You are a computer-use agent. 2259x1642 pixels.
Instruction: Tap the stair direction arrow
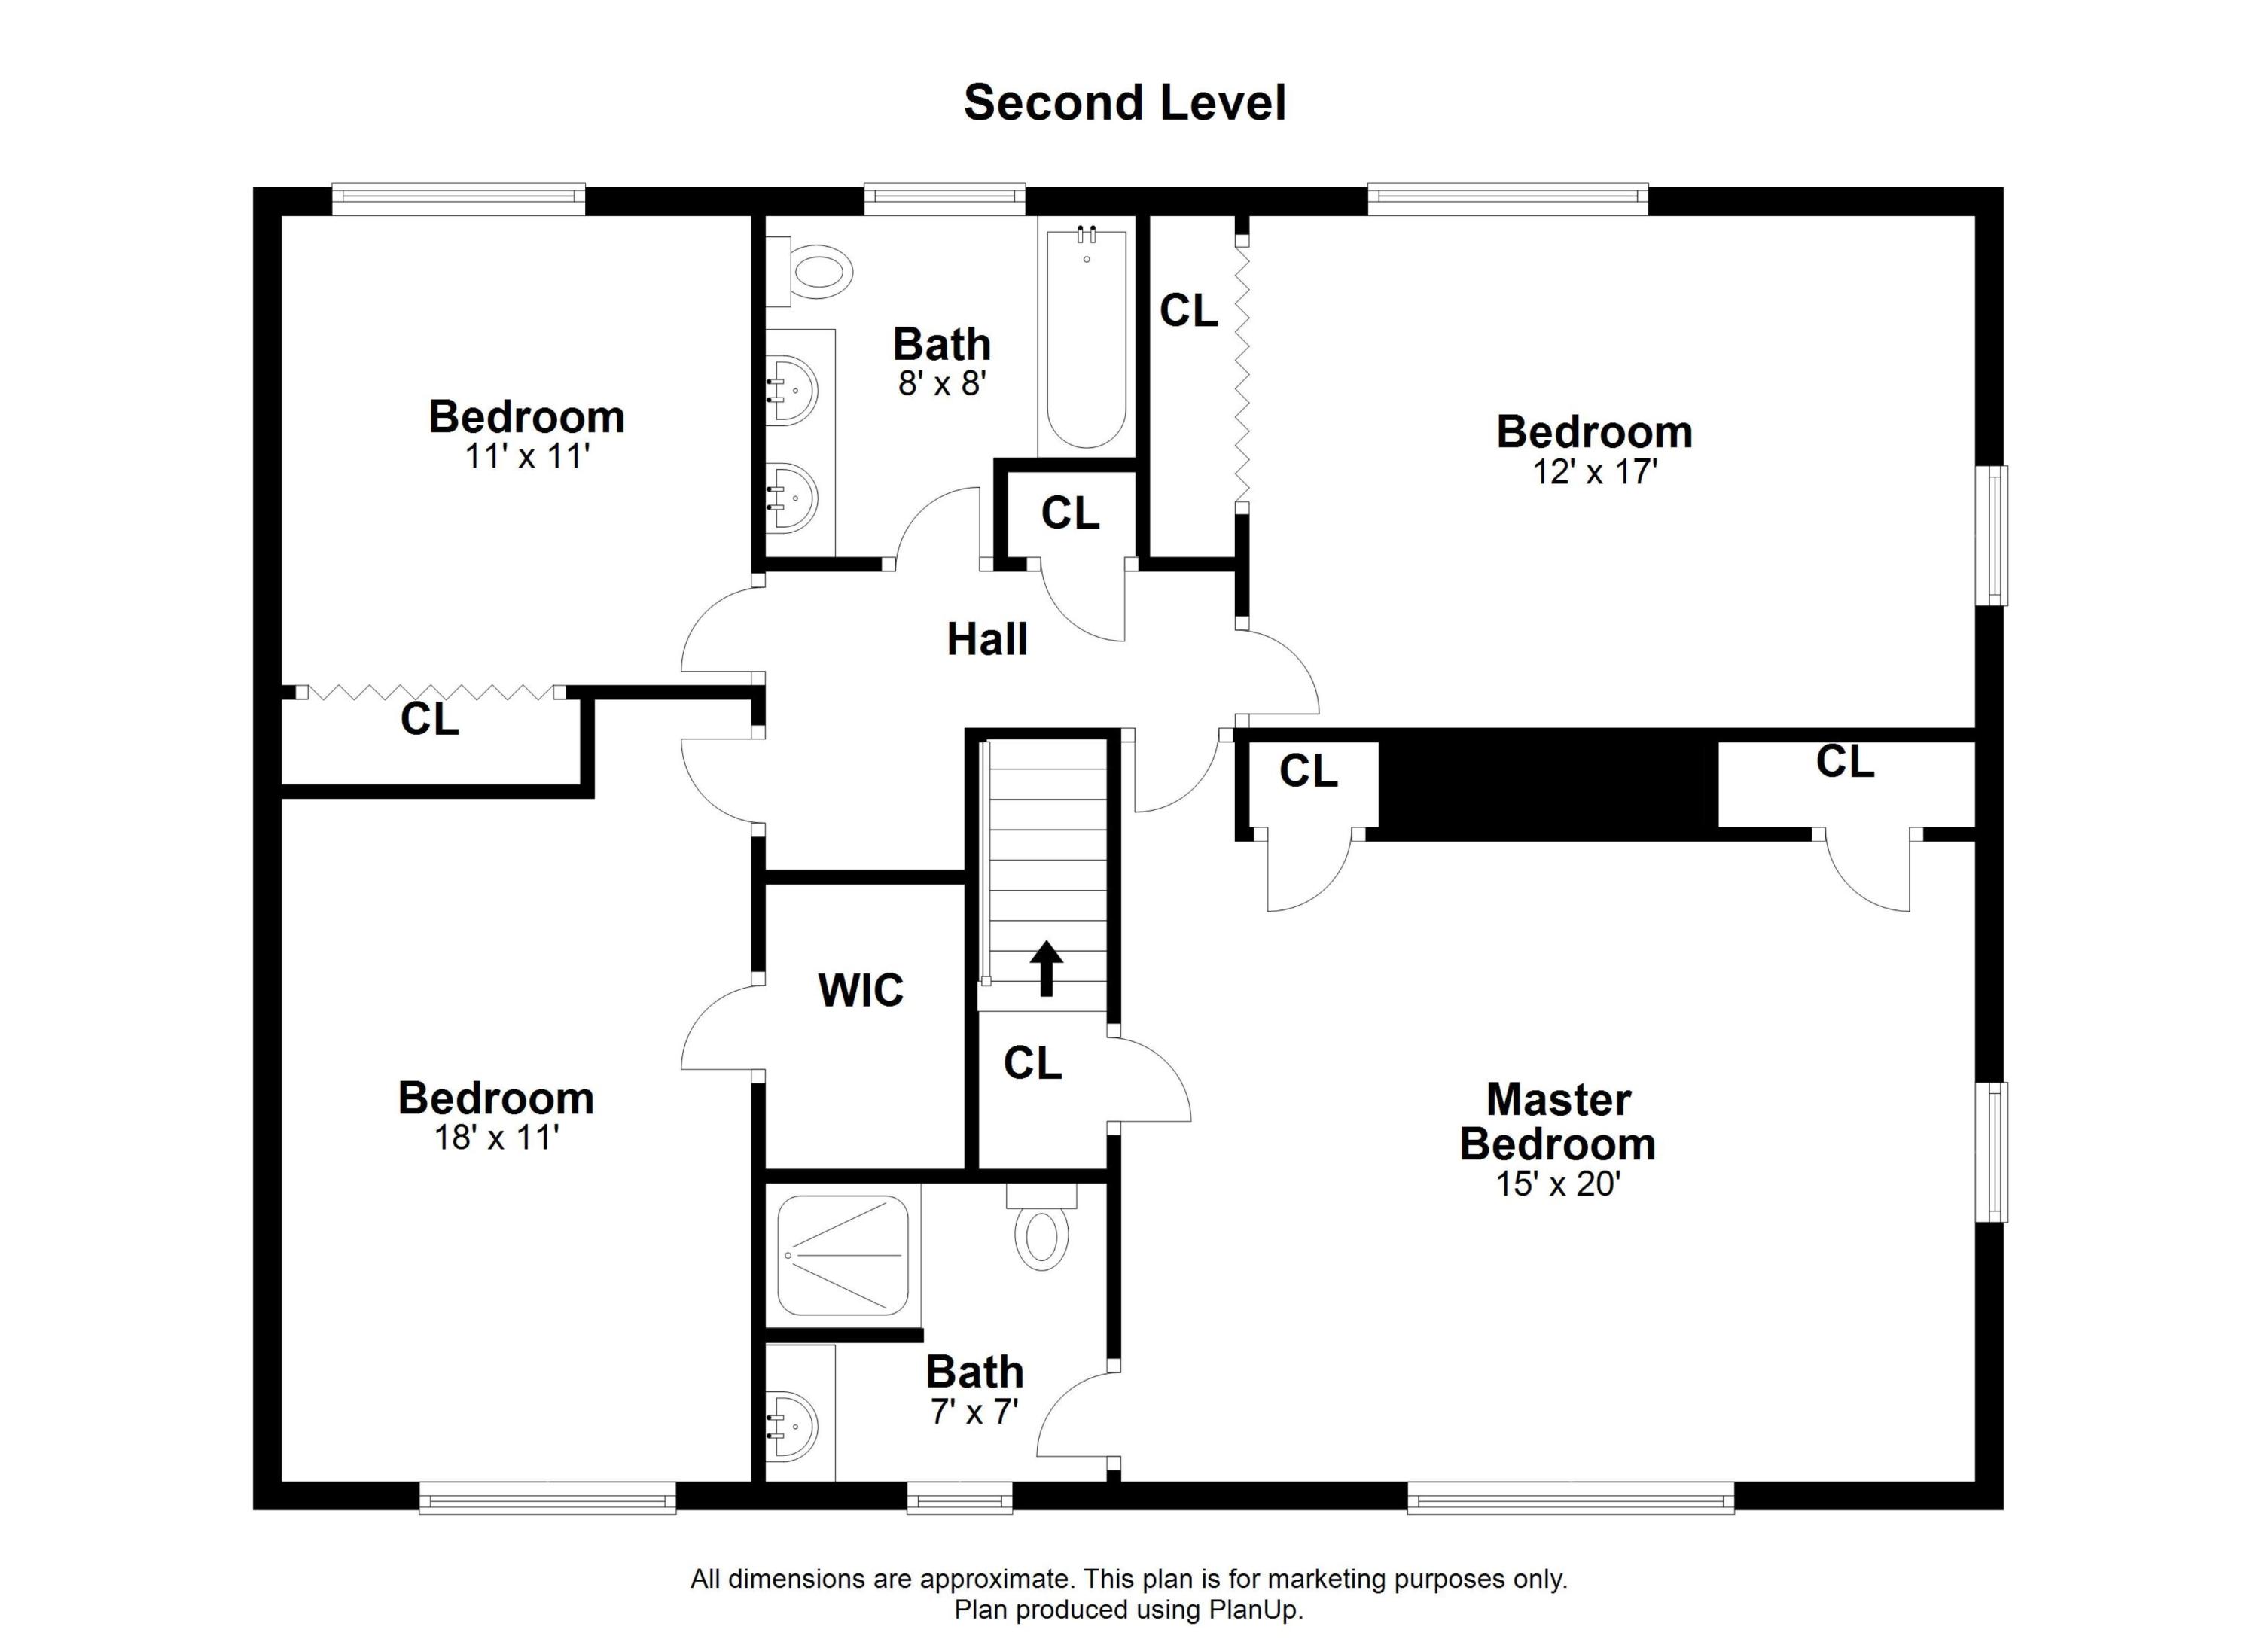pyautogui.click(x=1046, y=969)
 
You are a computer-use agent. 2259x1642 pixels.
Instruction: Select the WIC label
pyautogui.click(x=861, y=990)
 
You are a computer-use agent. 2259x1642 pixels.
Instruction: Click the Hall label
pyautogui.click(x=987, y=639)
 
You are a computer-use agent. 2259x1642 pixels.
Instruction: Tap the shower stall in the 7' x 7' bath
pyautogui.click(x=843, y=1256)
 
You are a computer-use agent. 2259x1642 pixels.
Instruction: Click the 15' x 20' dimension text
pyautogui.click(x=1559, y=1184)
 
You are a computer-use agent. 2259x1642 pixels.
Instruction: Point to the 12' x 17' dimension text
pyautogui.click(x=1595, y=471)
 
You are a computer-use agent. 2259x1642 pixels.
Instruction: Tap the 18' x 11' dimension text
pyautogui.click(x=496, y=1137)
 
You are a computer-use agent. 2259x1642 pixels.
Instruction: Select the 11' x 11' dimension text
pyautogui.click(x=527, y=456)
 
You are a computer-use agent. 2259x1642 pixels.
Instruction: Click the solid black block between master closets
pyautogui.click(x=1549, y=784)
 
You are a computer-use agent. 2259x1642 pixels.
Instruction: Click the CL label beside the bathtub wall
pyautogui.click(x=1188, y=311)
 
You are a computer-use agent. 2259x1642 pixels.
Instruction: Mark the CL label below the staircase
pyautogui.click(x=1033, y=1064)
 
